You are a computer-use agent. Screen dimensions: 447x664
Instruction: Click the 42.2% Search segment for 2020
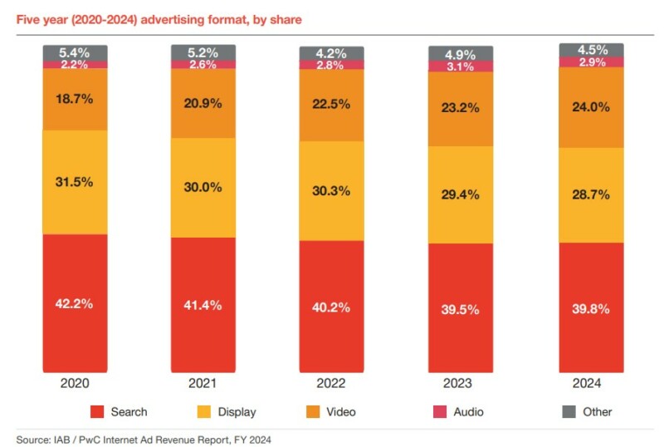[76, 303]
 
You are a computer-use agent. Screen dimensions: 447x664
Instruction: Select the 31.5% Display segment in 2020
[76, 182]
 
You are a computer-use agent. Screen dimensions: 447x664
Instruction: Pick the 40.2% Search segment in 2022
[332, 306]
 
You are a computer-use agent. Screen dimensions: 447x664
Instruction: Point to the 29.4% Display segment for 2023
[461, 194]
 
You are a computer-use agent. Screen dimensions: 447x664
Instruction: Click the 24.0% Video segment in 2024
[591, 106]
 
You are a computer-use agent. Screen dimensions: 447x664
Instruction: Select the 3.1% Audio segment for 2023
[461, 66]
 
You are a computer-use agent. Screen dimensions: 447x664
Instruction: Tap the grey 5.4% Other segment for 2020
[76, 53]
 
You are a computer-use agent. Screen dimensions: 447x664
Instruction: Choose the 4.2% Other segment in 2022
[332, 53]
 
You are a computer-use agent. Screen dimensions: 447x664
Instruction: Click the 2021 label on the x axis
[203, 384]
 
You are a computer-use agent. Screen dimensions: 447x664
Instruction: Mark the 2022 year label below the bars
[332, 384]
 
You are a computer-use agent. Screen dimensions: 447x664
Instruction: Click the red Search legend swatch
[97, 411]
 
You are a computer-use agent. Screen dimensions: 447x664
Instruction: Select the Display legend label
[237, 411]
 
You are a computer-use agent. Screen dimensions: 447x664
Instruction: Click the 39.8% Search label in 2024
[591, 308]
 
